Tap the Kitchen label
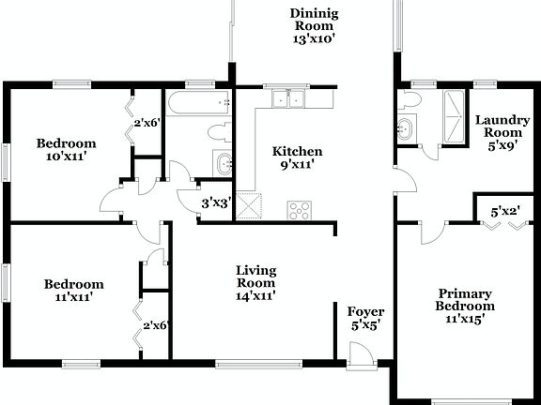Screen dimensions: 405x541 [297, 157]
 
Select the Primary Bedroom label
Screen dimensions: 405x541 [464, 306]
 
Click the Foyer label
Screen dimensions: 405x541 [364, 318]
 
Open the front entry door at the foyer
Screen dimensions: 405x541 [357, 354]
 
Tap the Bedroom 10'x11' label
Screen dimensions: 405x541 [66, 150]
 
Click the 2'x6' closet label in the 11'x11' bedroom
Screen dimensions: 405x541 [154, 325]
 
